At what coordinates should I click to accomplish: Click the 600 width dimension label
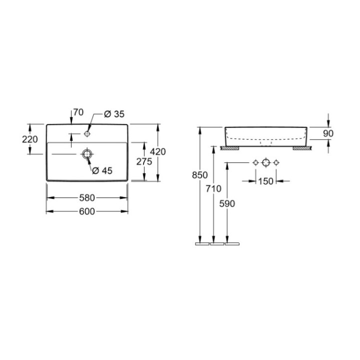tap(87, 211)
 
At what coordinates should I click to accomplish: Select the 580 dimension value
tap(87, 197)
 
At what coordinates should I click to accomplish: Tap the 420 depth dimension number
tap(157, 152)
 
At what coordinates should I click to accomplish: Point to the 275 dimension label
tap(144, 161)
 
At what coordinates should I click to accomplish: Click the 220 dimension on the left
tap(30, 139)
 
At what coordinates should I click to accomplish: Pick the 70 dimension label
tap(78, 112)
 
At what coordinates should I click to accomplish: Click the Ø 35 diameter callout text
tap(114, 114)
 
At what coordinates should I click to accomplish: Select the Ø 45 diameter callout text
tap(102, 170)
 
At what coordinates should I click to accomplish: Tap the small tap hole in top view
tap(87, 133)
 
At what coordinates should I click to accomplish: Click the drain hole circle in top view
tap(87, 154)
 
